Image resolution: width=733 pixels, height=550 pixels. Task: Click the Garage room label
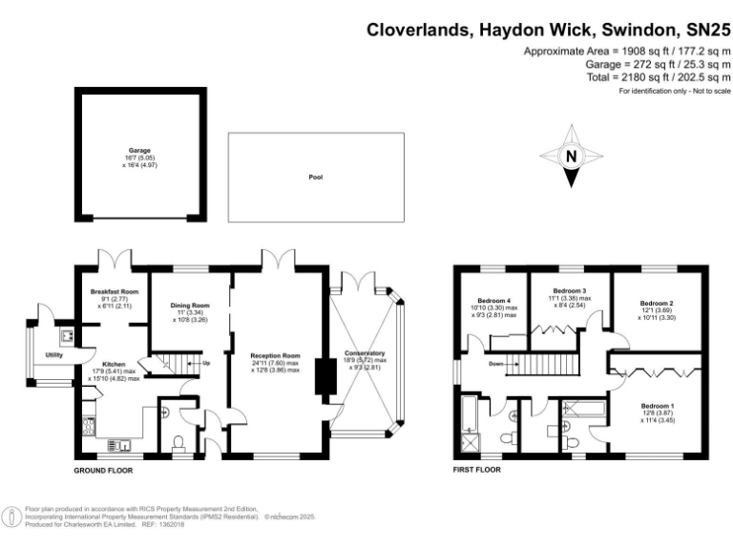point(140,150)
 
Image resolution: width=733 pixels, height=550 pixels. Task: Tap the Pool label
point(314,178)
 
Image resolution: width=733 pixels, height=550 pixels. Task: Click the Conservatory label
point(364,352)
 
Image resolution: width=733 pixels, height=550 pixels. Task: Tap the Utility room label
point(54,355)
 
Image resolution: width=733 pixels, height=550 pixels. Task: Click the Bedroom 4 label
point(494,301)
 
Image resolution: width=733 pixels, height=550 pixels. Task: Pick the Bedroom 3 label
point(569,290)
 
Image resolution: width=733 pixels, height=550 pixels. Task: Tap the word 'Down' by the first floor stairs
point(495,363)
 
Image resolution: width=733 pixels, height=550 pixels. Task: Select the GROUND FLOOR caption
point(103,471)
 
